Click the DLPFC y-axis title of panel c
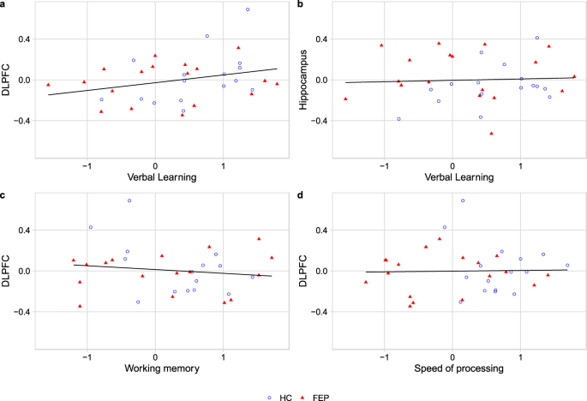coord(8,272)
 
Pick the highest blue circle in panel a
coord(248,9)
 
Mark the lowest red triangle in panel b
coord(491,134)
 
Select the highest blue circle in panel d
coord(463,200)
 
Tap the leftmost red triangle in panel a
coord(48,85)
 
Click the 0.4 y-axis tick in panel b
coord(322,39)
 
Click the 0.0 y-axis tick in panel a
coord(25,81)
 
